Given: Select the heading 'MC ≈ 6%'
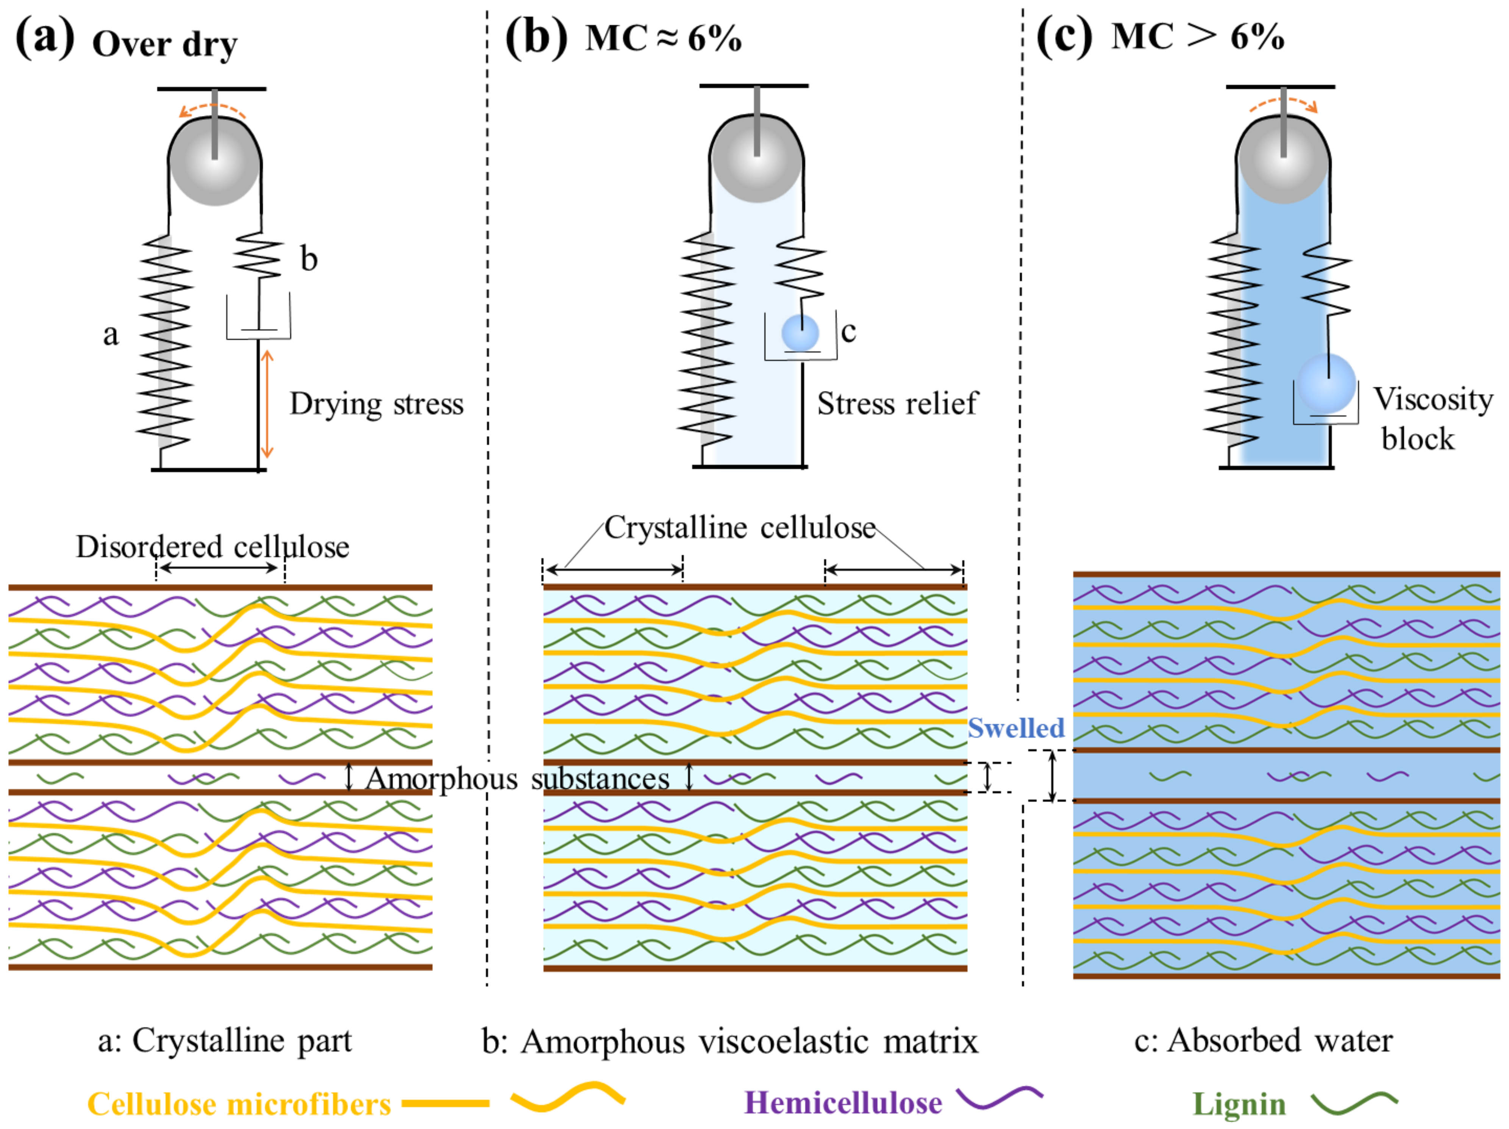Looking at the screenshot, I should [663, 38].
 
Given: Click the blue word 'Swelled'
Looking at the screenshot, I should [1016, 728].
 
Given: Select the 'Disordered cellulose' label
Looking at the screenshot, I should [212, 546].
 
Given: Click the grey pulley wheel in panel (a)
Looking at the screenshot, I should [215, 162].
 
